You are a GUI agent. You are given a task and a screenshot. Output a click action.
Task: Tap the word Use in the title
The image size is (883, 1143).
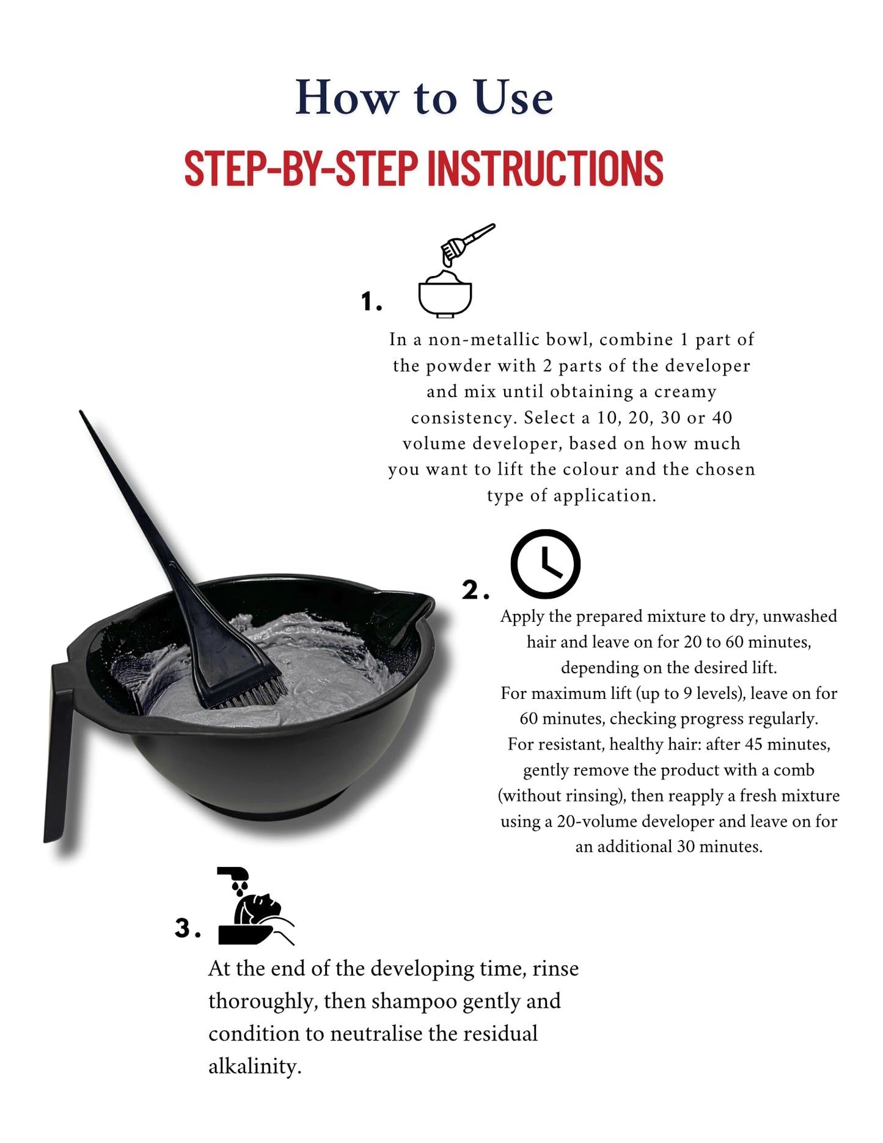[514, 97]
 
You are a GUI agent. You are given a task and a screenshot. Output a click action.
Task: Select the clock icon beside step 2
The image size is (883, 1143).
[545, 564]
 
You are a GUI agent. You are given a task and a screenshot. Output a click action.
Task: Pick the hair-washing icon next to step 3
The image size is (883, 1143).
[255, 906]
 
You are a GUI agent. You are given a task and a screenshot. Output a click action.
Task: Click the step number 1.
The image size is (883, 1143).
[370, 302]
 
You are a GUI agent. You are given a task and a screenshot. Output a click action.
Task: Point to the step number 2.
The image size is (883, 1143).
[475, 590]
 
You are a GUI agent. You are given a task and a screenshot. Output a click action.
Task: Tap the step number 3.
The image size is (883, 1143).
[187, 927]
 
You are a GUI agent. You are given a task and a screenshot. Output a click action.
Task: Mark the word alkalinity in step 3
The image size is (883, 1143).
[255, 1067]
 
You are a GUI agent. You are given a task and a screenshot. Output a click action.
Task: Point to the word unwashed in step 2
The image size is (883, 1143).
[800, 616]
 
